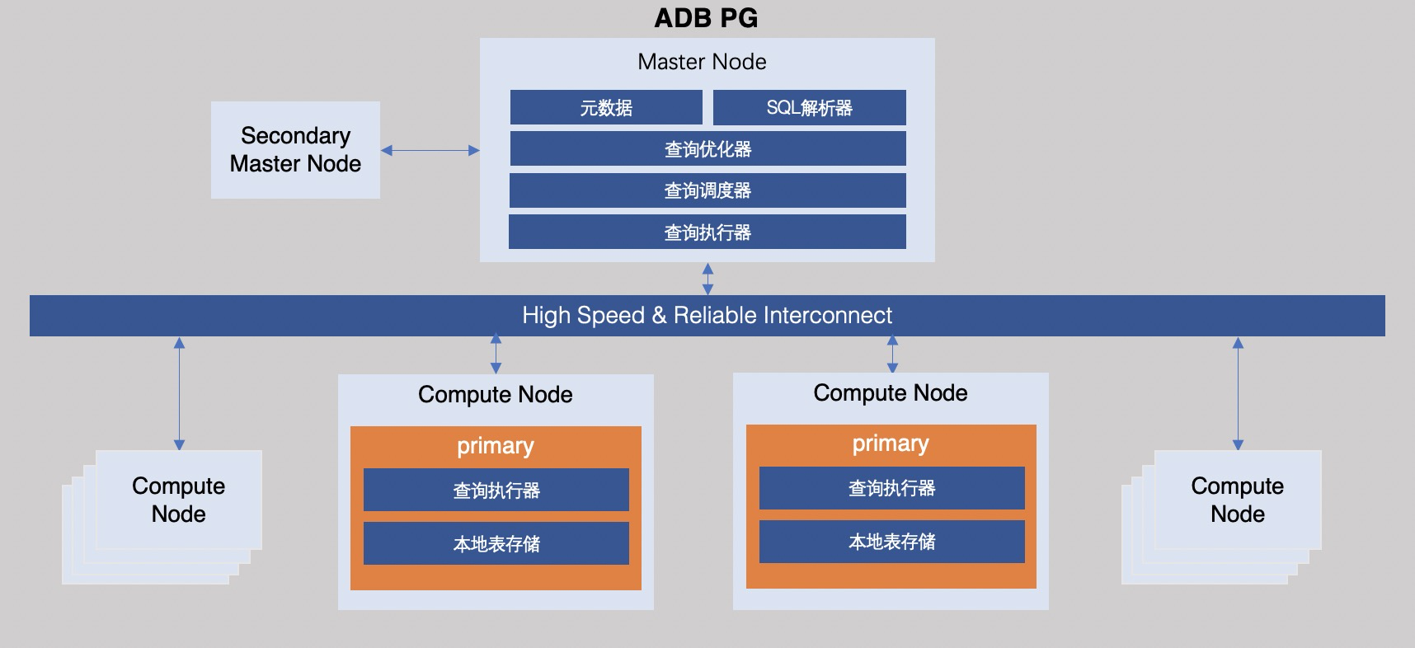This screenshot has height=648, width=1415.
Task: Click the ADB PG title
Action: [706, 18]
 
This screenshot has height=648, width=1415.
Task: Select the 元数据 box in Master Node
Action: [606, 108]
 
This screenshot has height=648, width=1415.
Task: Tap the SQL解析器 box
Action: [809, 108]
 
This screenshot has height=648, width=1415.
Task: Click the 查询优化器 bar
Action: [707, 149]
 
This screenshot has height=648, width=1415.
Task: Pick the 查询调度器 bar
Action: [707, 190]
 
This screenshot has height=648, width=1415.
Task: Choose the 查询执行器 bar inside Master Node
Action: [707, 232]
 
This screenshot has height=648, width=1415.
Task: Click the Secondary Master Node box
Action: [295, 150]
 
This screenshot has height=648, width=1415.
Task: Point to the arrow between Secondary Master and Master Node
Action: [430, 151]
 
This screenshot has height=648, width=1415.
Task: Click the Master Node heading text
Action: [702, 62]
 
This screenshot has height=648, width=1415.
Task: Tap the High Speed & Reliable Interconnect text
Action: [707, 316]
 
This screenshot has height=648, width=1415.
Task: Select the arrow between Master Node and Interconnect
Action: [707, 279]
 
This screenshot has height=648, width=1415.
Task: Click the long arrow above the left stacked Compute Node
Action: [179, 393]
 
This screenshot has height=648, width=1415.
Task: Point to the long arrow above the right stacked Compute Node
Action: [1237, 393]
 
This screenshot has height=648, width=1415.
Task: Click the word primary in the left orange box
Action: [496, 446]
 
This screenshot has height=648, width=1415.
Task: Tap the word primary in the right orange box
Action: [891, 444]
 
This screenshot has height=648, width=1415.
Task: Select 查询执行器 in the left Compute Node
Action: [496, 491]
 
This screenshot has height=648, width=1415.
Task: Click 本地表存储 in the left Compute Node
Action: [496, 544]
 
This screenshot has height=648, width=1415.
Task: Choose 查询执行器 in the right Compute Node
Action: [891, 488]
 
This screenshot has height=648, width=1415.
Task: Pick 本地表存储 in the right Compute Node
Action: [891, 542]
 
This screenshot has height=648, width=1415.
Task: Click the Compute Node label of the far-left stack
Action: [178, 500]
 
